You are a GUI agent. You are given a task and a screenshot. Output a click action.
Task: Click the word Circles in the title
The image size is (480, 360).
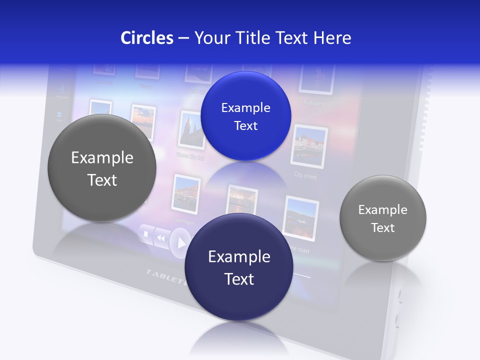(x=147, y=38)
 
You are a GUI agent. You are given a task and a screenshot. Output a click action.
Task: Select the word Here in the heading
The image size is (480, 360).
(x=332, y=38)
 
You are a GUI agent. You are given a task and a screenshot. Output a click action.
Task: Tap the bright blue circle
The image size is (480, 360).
(x=245, y=116)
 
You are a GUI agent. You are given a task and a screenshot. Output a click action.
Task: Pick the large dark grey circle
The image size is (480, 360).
(x=102, y=168)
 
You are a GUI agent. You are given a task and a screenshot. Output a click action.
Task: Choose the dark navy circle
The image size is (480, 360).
(x=239, y=267)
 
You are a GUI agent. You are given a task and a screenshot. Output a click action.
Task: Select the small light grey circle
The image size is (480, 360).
(x=382, y=218)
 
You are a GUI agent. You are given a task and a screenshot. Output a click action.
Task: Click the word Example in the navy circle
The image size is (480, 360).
(x=239, y=256)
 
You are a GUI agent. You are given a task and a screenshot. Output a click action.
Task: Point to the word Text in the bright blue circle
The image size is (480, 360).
(x=245, y=125)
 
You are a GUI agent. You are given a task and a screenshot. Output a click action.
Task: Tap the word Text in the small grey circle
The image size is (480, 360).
(x=382, y=228)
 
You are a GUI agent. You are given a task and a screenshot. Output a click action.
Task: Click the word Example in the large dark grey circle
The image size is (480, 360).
(x=102, y=158)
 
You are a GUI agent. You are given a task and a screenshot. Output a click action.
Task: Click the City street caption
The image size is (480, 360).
(x=305, y=176)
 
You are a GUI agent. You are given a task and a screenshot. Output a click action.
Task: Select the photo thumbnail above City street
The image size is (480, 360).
(x=309, y=146)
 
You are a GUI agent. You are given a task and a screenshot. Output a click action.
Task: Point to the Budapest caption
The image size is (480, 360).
(x=314, y=103)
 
